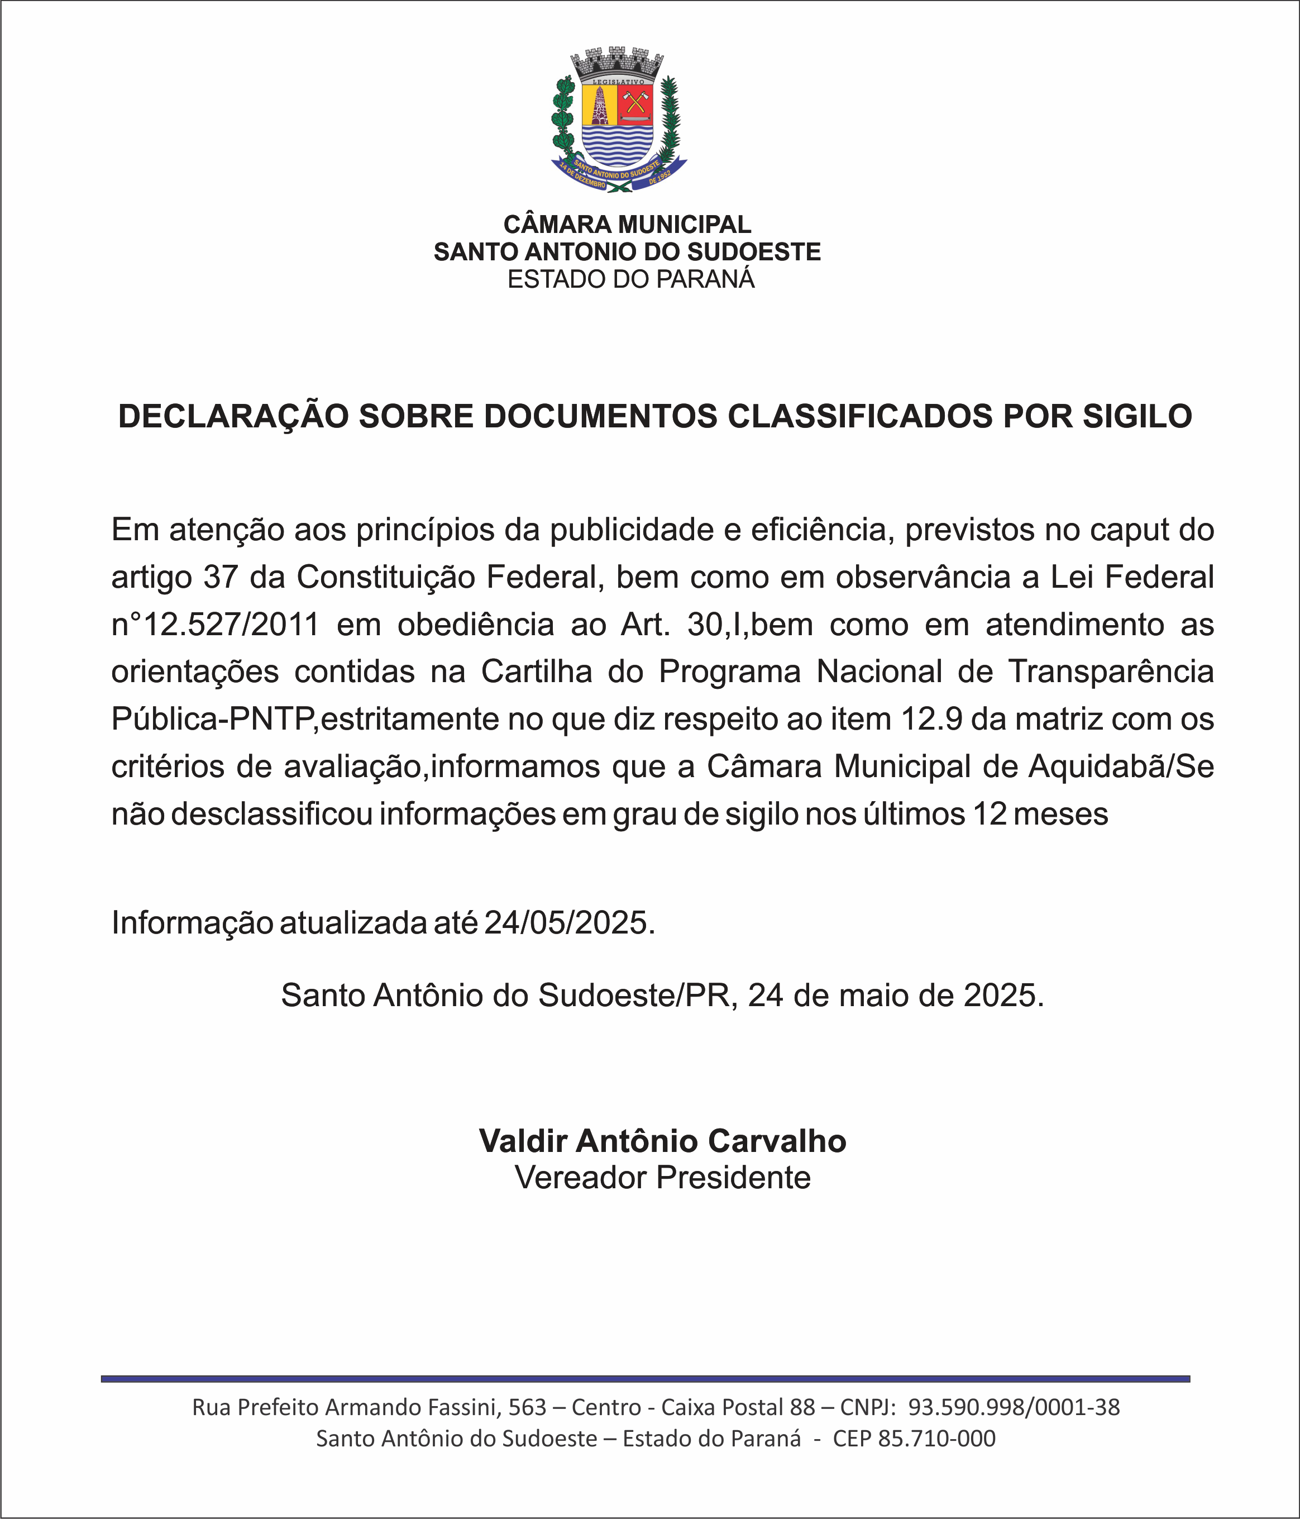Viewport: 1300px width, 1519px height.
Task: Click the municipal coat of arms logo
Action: coord(619,121)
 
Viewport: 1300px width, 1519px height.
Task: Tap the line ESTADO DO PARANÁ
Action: coord(631,279)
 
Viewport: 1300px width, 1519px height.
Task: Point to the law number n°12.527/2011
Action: coord(216,625)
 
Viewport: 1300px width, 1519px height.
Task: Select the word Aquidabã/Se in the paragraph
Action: coord(1121,767)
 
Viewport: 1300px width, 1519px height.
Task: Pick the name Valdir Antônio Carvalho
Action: coord(662,1141)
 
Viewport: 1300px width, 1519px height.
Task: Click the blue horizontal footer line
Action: coord(645,1379)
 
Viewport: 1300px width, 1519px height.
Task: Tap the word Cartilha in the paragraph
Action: coord(537,672)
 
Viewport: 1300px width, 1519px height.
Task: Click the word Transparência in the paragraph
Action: coord(1111,672)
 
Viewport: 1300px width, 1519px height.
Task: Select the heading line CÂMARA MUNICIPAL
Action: coord(627,225)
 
